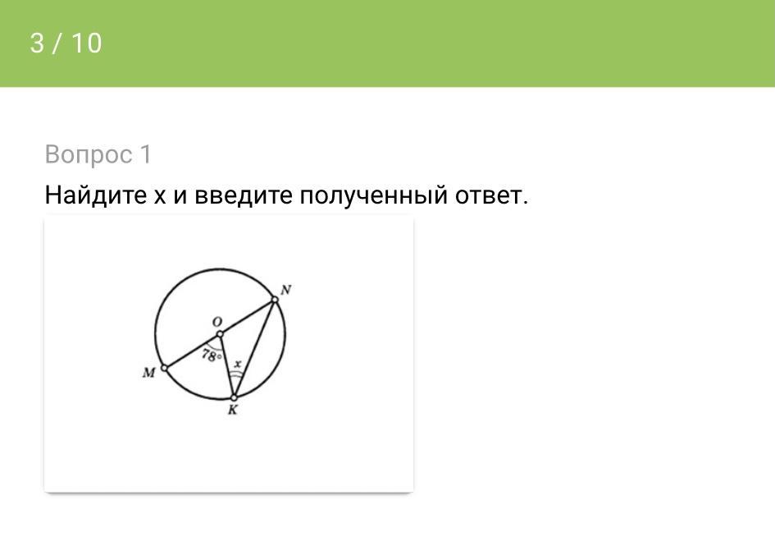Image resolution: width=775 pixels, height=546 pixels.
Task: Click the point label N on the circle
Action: pos(285,290)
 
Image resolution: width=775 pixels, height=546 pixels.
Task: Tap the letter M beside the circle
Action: pos(148,372)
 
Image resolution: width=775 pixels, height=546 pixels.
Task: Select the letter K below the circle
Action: pos(232,410)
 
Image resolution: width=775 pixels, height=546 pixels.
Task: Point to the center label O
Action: pos(217,322)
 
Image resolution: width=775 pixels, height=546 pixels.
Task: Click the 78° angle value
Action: pos(211,355)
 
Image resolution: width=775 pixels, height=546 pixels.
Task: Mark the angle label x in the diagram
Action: pos(238,364)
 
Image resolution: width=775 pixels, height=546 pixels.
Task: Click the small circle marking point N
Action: pos(275,300)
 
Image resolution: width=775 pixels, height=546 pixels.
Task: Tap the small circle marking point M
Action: pos(165,368)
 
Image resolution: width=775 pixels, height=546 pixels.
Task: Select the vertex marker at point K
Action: pos(235,397)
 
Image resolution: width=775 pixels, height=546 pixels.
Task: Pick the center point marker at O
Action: pos(220,335)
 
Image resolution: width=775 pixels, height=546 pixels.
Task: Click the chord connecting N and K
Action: pos(254,348)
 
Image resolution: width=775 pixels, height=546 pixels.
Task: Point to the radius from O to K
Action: pos(227,366)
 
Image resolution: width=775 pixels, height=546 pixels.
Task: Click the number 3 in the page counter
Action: pos(37,43)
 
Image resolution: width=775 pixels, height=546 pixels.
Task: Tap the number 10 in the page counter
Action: pos(87,43)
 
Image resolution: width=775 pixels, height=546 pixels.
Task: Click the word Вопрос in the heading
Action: pos(89,154)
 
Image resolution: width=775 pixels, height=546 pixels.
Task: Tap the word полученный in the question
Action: pos(373,196)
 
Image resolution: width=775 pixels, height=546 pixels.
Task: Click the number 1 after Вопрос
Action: pos(146,154)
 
